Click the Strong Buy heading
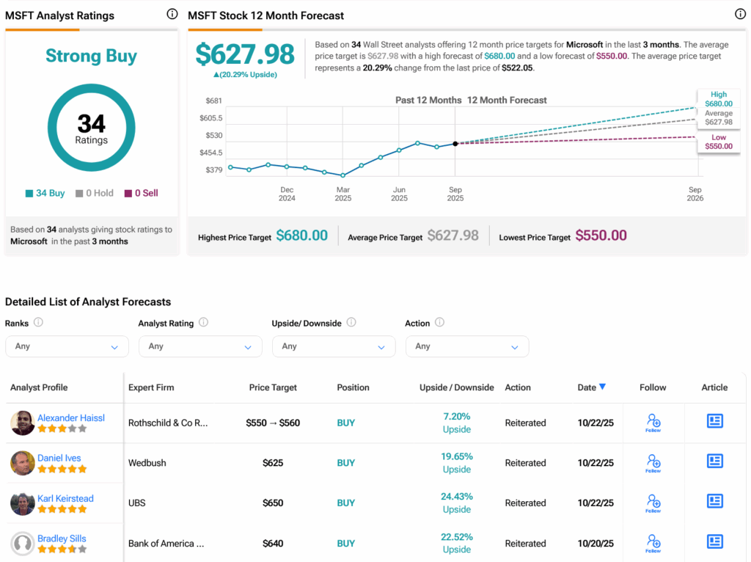click(x=91, y=56)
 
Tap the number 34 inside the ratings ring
click(x=91, y=124)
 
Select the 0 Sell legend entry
click(x=142, y=193)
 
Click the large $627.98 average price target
click(x=245, y=54)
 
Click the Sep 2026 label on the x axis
click(x=695, y=194)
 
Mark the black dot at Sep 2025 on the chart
click(x=455, y=144)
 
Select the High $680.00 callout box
click(x=718, y=99)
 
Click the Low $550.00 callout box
click(x=718, y=142)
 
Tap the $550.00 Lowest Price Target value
click(x=601, y=236)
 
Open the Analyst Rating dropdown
click(x=200, y=346)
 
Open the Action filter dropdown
click(x=466, y=346)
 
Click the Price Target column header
click(x=273, y=387)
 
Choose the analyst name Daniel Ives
click(x=59, y=458)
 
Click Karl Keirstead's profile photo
click(x=23, y=503)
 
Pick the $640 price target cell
click(x=273, y=544)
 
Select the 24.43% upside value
click(x=456, y=497)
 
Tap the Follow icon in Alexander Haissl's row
click(x=653, y=422)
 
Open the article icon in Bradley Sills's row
click(x=714, y=542)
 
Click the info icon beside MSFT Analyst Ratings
click(x=172, y=14)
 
